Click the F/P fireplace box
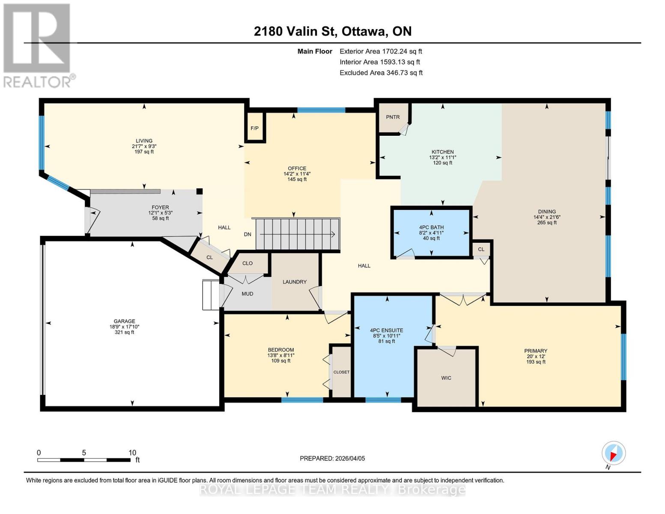[255, 128]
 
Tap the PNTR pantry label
[392, 117]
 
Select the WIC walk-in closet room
[446, 378]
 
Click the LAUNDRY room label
[295, 282]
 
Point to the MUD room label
[248, 294]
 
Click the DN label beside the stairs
[248, 234]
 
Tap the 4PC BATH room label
[431, 227]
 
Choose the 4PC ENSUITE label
[386, 330]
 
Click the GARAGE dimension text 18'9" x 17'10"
[124, 327]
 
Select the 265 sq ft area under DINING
[547, 222]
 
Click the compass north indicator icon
[613, 453]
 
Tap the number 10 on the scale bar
[132, 452]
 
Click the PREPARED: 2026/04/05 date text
[332, 458]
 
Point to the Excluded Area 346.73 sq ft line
[381, 73]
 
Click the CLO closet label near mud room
[248, 263]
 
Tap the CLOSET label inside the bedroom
[341, 372]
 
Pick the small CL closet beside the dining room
[481, 249]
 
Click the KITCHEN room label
[442, 152]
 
